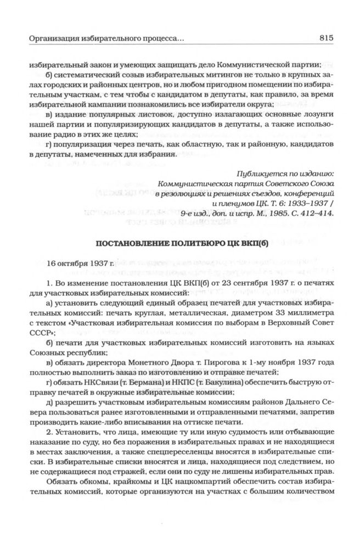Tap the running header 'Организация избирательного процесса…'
click(x=106, y=39)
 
